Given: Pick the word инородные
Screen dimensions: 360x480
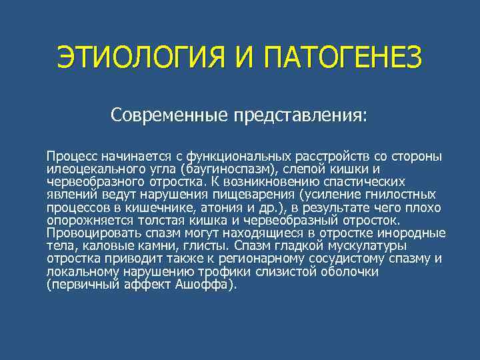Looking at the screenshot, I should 413,233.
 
